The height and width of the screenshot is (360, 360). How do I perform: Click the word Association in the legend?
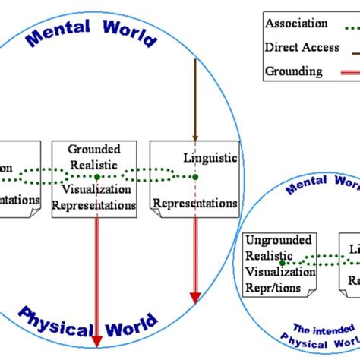296,24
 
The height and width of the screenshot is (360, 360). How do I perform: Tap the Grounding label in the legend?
293,72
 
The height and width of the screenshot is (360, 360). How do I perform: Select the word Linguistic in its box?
210,158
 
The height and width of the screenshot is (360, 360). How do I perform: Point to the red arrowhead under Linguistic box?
195,297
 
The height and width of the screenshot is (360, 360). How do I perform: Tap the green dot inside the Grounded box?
97,177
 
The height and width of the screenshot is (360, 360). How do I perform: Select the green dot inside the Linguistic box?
195,177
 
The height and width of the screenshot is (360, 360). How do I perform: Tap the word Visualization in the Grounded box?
95,190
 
